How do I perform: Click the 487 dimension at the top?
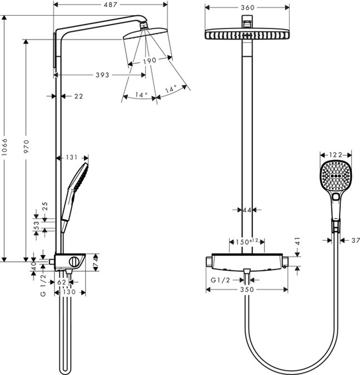click(111, 4)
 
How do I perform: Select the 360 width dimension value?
click(247, 8)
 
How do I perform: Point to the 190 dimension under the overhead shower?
click(149, 60)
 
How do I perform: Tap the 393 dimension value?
click(102, 75)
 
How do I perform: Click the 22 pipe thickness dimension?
click(78, 96)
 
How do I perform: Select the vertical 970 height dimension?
click(26, 146)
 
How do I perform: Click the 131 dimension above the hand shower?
click(72, 157)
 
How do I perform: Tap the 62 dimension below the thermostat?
click(62, 283)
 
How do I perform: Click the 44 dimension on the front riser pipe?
click(247, 210)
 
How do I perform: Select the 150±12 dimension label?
click(247, 241)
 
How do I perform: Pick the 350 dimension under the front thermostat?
click(247, 289)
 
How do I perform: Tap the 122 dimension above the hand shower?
click(336, 154)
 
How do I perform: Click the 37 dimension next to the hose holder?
click(355, 240)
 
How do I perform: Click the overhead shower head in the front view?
click(247, 35)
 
